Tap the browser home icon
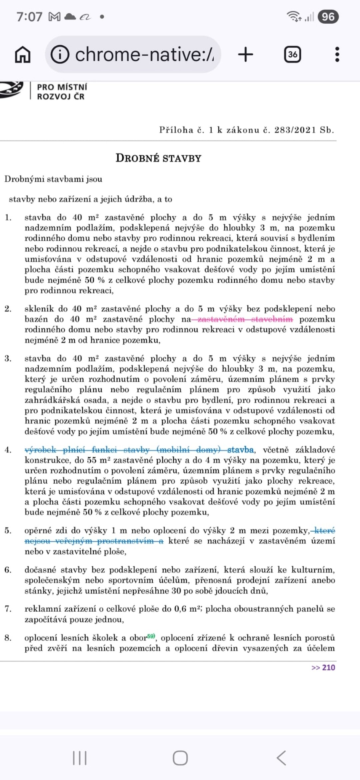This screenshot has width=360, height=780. [x=23, y=54]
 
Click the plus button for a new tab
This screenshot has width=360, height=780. [x=246, y=54]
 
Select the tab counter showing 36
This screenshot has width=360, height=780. [x=292, y=54]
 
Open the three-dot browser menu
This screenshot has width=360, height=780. [x=337, y=54]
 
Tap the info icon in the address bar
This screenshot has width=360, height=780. [x=60, y=54]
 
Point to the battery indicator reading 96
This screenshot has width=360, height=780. [x=328, y=17]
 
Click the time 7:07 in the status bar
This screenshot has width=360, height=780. [x=29, y=17]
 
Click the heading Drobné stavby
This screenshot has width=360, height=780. [x=158, y=158]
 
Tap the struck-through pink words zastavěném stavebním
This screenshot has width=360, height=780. [x=245, y=319]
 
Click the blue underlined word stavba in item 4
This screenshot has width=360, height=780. [x=240, y=450]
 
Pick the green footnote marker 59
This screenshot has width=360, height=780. [x=151, y=636]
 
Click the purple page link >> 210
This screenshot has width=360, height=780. [x=323, y=667]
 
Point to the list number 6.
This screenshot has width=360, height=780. [x=8, y=570]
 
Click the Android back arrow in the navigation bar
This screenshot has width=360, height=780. [x=281, y=758]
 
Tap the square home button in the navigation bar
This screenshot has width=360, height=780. [x=180, y=758]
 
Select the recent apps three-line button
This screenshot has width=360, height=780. [x=80, y=758]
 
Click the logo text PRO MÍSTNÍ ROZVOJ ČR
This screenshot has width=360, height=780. [x=62, y=92]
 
